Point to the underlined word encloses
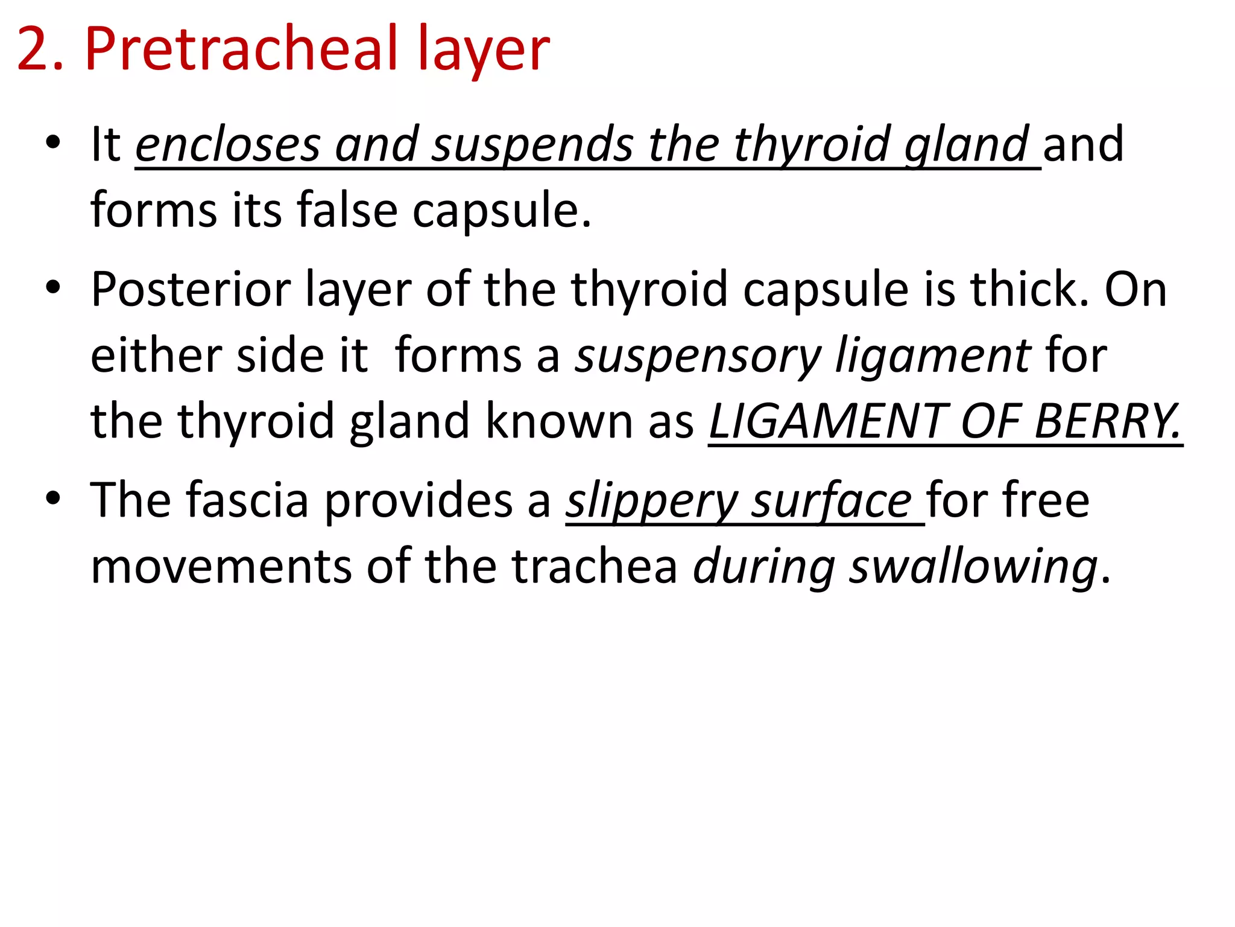[227, 145]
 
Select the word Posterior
[191, 289]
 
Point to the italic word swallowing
[973, 567]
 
